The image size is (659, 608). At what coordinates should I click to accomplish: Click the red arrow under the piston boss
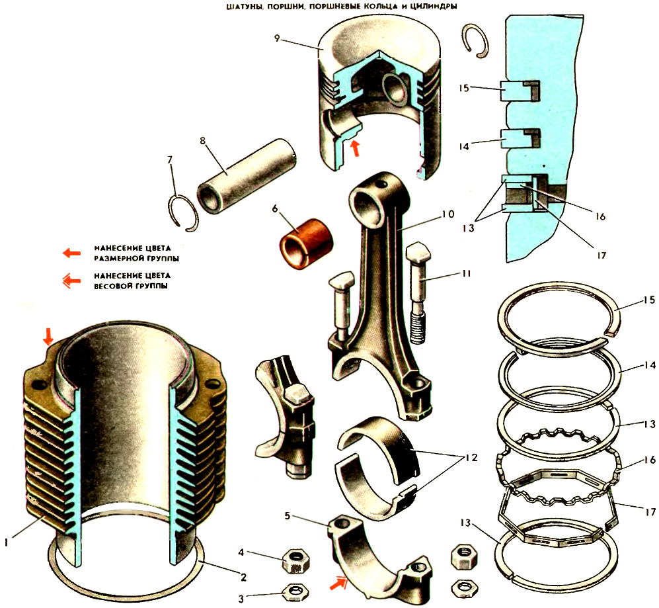(356, 148)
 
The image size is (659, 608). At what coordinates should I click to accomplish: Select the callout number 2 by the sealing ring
(244, 577)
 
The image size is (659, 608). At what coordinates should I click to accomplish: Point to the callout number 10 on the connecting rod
(447, 214)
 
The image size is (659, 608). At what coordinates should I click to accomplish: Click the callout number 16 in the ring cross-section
(599, 216)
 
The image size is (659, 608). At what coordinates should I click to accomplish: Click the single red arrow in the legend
(71, 252)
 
